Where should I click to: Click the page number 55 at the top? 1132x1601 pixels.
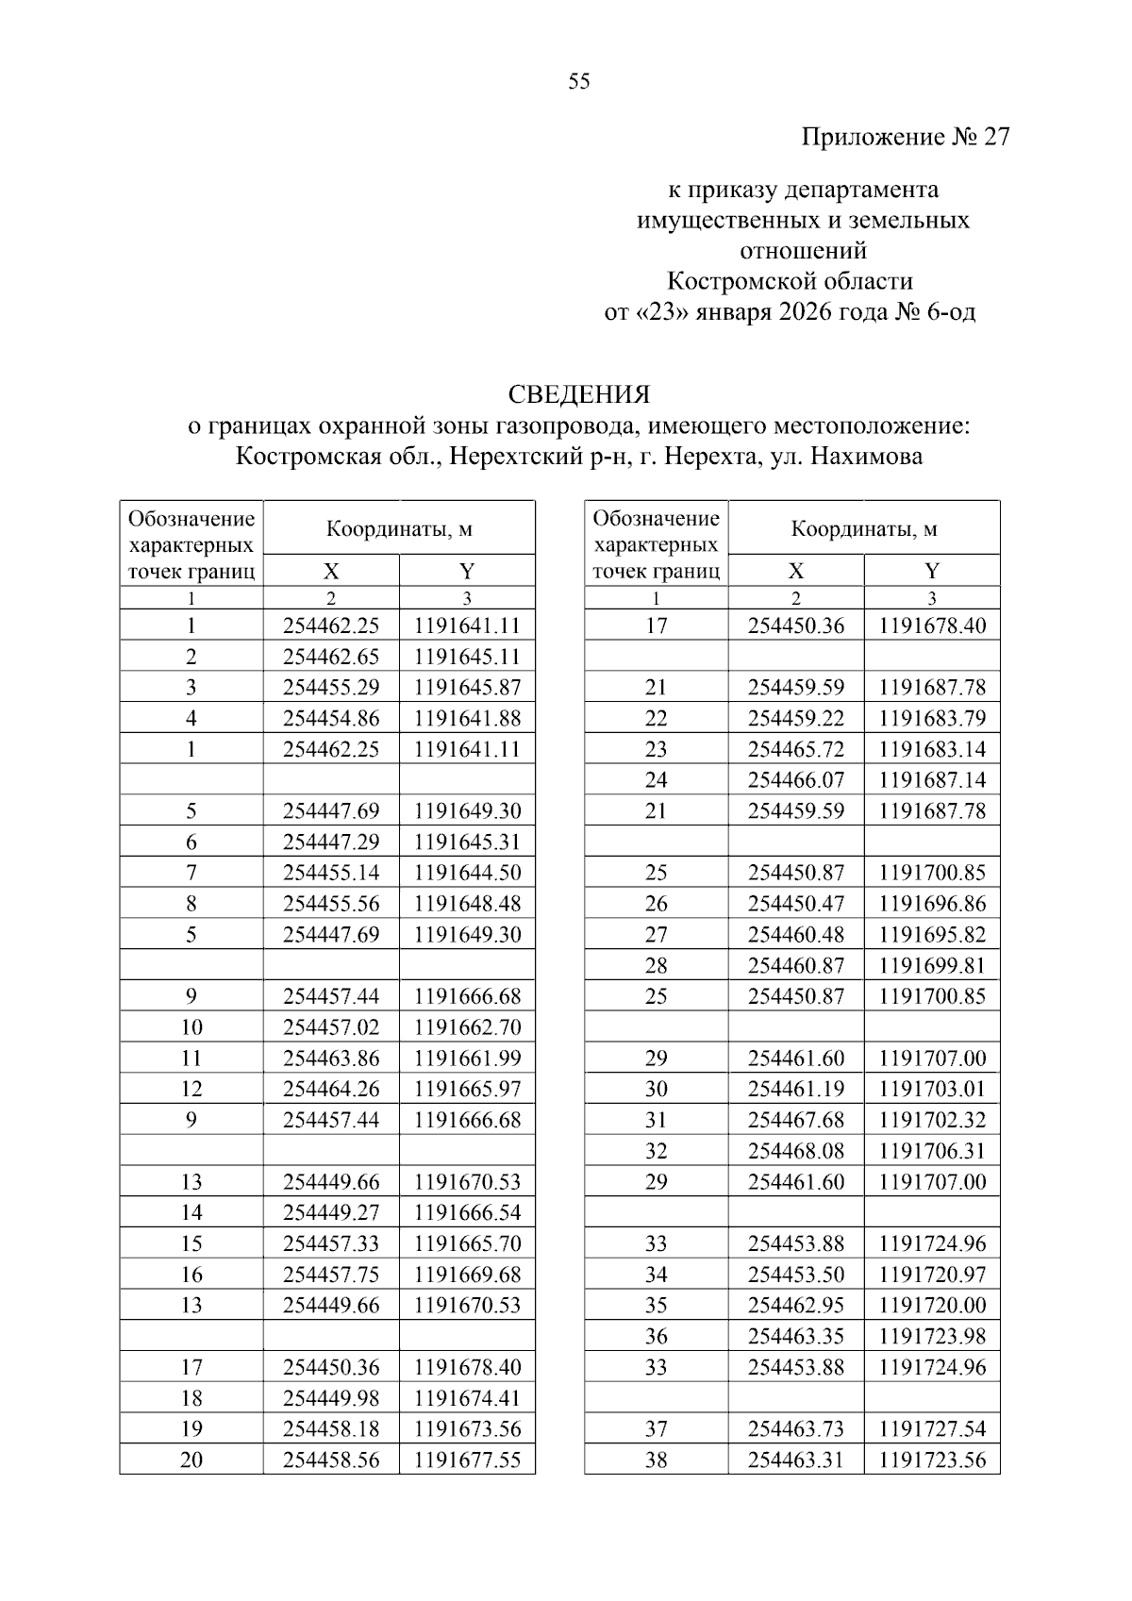click(579, 82)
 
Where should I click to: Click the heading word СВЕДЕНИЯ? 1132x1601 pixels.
click(579, 394)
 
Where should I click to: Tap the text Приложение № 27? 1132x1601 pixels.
click(905, 138)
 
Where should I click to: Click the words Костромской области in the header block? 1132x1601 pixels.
click(790, 281)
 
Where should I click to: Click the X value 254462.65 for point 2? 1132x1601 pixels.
click(331, 657)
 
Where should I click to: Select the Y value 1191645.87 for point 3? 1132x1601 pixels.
click(467, 688)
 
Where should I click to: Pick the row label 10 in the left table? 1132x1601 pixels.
click(191, 1027)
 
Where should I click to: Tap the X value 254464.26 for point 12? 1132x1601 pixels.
click(331, 1089)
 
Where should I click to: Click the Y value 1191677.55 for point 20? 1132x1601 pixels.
click(467, 1459)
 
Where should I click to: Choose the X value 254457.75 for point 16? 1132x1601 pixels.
click(331, 1275)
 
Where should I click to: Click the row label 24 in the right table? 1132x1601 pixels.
click(656, 780)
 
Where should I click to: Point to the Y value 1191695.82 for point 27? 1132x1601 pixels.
click(932, 935)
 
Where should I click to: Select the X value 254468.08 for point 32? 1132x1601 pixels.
click(796, 1151)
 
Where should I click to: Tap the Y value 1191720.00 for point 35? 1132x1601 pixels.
click(932, 1306)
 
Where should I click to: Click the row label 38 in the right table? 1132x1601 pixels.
click(656, 1459)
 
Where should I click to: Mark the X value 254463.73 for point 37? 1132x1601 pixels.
click(796, 1429)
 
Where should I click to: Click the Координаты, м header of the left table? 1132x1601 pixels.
click(399, 529)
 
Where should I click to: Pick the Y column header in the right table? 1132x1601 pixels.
click(932, 571)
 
